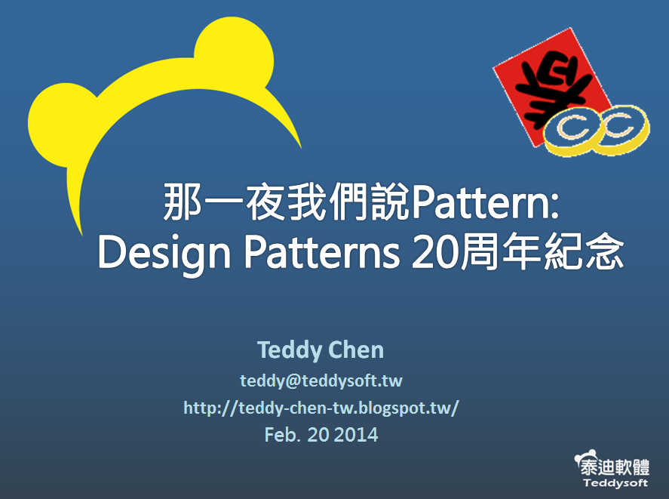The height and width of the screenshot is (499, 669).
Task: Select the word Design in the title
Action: click(164, 254)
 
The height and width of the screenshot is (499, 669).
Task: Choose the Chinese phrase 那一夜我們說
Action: click(286, 202)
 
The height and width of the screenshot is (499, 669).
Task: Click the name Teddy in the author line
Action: click(290, 350)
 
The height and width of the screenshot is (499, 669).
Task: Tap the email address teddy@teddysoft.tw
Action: click(321, 380)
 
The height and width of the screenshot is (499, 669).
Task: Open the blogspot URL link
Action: click(321, 408)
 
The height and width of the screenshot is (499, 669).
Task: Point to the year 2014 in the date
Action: click(356, 435)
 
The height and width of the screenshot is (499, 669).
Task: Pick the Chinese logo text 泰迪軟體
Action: click(615, 467)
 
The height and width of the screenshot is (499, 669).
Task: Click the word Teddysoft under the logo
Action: click(615, 483)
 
